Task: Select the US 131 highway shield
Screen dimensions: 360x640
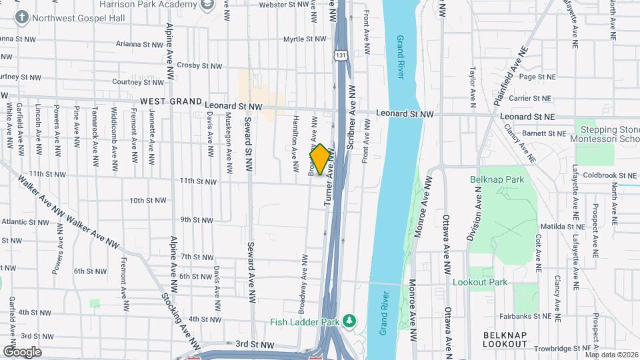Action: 341,54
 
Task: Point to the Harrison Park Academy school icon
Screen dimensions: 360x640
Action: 208,5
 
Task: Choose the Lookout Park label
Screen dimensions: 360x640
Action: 480,282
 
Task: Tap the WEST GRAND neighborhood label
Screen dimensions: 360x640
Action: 171,102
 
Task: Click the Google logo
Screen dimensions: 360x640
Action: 22,351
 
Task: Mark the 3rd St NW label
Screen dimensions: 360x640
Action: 255,345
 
